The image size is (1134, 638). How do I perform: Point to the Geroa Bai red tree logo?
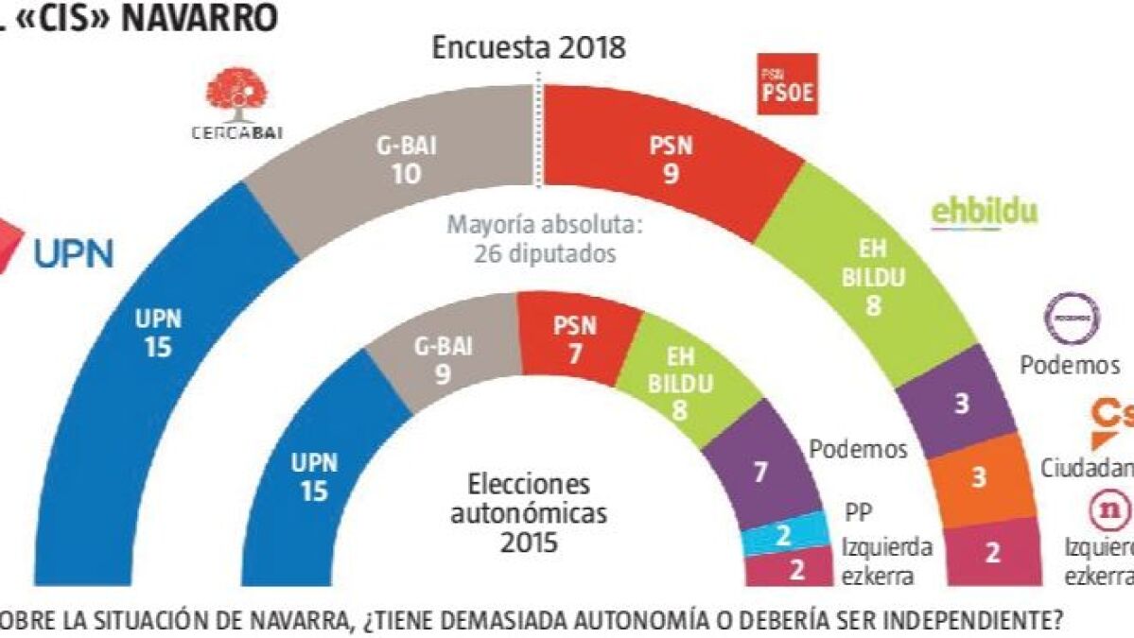(x=236, y=99)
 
